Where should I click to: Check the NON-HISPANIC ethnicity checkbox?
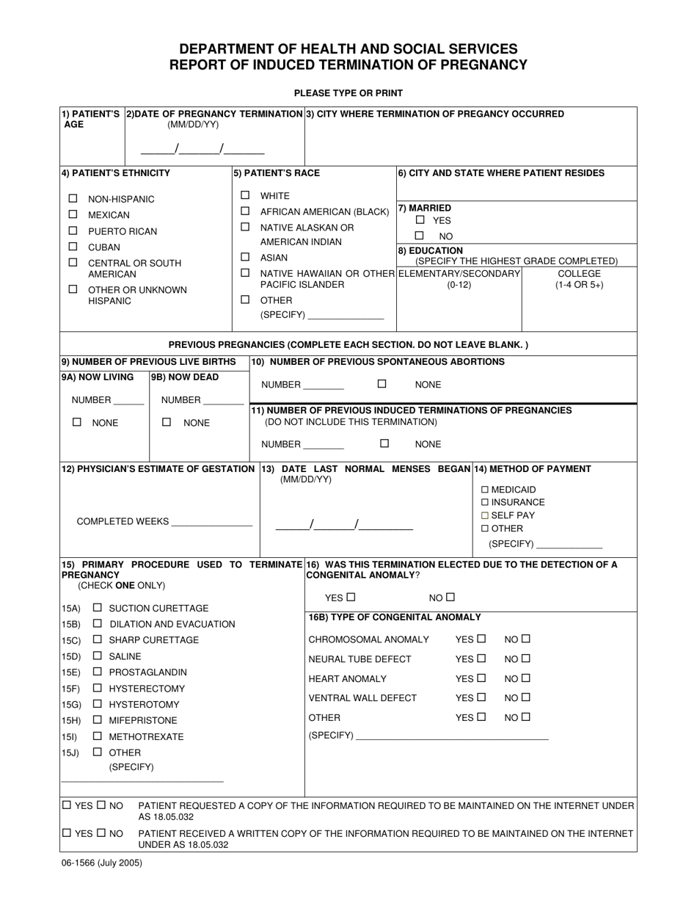point(73,198)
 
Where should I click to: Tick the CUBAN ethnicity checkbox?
point(73,247)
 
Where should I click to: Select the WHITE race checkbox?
point(245,195)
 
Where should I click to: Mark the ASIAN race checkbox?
point(245,257)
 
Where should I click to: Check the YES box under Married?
point(420,220)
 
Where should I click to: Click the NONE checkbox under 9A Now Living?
point(77,422)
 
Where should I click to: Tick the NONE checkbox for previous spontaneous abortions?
point(382,383)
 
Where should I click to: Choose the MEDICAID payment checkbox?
point(485,490)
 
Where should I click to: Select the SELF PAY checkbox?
point(485,515)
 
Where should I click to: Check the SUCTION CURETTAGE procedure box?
point(98,608)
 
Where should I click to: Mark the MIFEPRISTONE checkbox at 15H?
point(98,720)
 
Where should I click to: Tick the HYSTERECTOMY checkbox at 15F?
point(98,688)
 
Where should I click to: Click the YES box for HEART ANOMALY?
point(481,678)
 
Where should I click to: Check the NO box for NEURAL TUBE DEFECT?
point(525,659)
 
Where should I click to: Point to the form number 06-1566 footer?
point(102,863)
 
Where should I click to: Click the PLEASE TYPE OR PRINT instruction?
point(348,93)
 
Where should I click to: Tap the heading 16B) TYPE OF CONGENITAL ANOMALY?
point(395,617)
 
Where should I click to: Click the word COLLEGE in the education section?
point(579,273)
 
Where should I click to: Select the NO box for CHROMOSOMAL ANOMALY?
point(525,639)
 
